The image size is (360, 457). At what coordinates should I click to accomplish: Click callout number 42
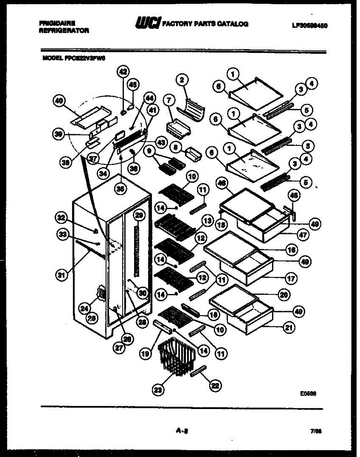123,71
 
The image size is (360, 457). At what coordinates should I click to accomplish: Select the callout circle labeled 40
58,101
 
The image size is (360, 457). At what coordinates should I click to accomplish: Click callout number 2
182,80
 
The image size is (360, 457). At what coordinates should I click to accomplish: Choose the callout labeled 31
60,275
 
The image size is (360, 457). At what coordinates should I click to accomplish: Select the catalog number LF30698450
310,26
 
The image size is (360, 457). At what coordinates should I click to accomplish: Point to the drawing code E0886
308,395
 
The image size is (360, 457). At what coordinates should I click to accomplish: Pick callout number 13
207,221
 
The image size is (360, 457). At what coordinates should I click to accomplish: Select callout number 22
215,385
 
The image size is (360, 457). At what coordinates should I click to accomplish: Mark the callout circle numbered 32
61,218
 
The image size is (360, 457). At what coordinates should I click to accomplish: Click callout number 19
145,354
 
